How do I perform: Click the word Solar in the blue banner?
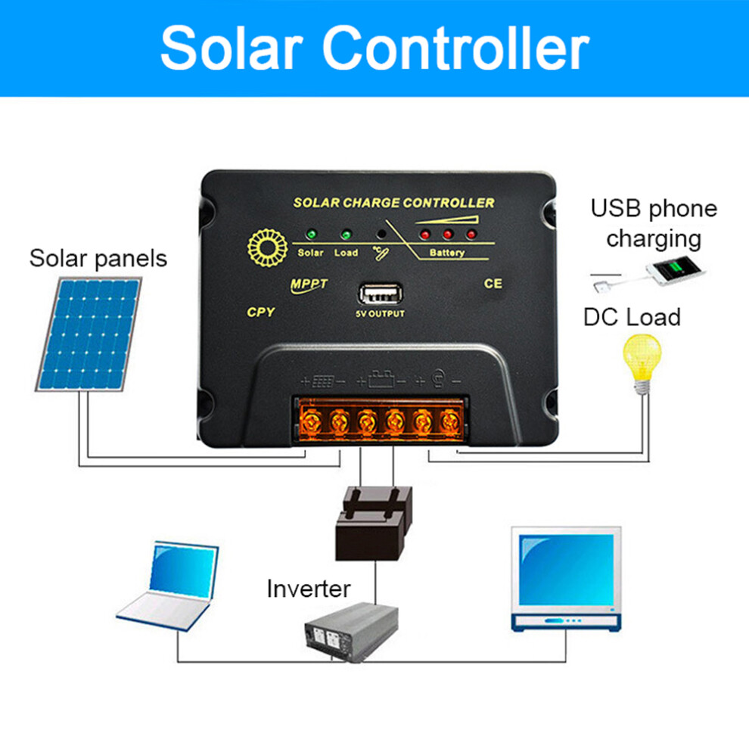click(x=232, y=48)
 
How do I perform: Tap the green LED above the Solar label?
click(x=312, y=235)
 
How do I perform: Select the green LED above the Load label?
click(x=346, y=235)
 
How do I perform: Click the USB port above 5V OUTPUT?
click(x=381, y=294)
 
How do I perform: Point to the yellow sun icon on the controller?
click(x=268, y=248)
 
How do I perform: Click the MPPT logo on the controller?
click(x=309, y=285)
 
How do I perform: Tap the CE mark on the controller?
click(x=493, y=284)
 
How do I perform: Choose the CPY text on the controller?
click(x=261, y=312)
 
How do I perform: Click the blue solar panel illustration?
click(x=89, y=334)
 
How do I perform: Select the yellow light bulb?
click(x=642, y=363)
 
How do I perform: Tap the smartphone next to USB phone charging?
click(x=675, y=270)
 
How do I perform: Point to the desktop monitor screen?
click(x=566, y=570)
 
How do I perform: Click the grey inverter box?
click(x=352, y=632)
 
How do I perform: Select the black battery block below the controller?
click(x=374, y=524)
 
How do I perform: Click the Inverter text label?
click(x=309, y=589)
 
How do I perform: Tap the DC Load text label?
click(x=632, y=317)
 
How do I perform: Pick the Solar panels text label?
click(x=98, y=259)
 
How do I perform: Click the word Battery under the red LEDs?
click(x=446, y=253)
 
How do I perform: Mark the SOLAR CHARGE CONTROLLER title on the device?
click(x=394, y=203)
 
